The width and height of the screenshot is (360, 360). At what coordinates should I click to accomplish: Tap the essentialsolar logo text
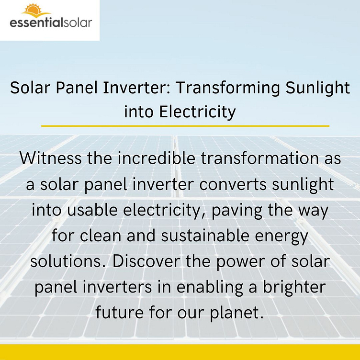(x=50, y=22)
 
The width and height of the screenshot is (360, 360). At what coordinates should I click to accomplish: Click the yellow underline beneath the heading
(x=185, y=126)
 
